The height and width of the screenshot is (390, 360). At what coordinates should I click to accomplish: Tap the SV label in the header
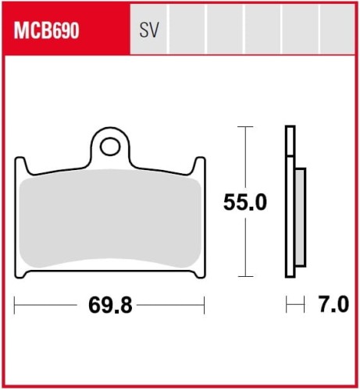[x=148, y=31]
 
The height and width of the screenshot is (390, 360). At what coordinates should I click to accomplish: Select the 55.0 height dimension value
[x=245, y=203]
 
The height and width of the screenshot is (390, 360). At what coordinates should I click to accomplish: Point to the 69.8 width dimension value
[x=109, y=305]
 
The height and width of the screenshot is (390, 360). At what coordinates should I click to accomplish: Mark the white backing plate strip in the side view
[x=290, y=203]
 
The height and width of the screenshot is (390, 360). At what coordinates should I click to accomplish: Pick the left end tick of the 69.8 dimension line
[x=15, y=305]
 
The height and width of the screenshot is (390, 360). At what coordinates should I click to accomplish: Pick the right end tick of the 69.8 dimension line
[x=204, y=305]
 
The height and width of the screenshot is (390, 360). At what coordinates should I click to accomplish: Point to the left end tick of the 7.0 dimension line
[x=287, y=305]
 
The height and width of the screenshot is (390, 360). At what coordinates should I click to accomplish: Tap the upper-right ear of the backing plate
[x=200, y=164]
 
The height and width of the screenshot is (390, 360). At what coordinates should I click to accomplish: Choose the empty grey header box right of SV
[x=187, y=31]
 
